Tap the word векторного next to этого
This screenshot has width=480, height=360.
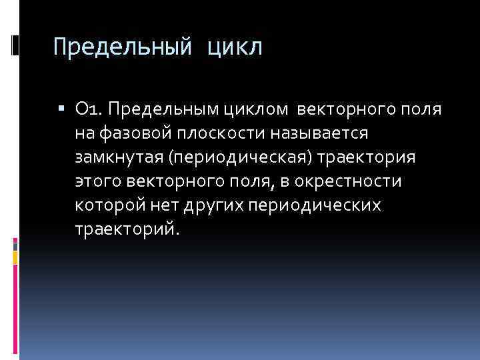pos(174,181)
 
